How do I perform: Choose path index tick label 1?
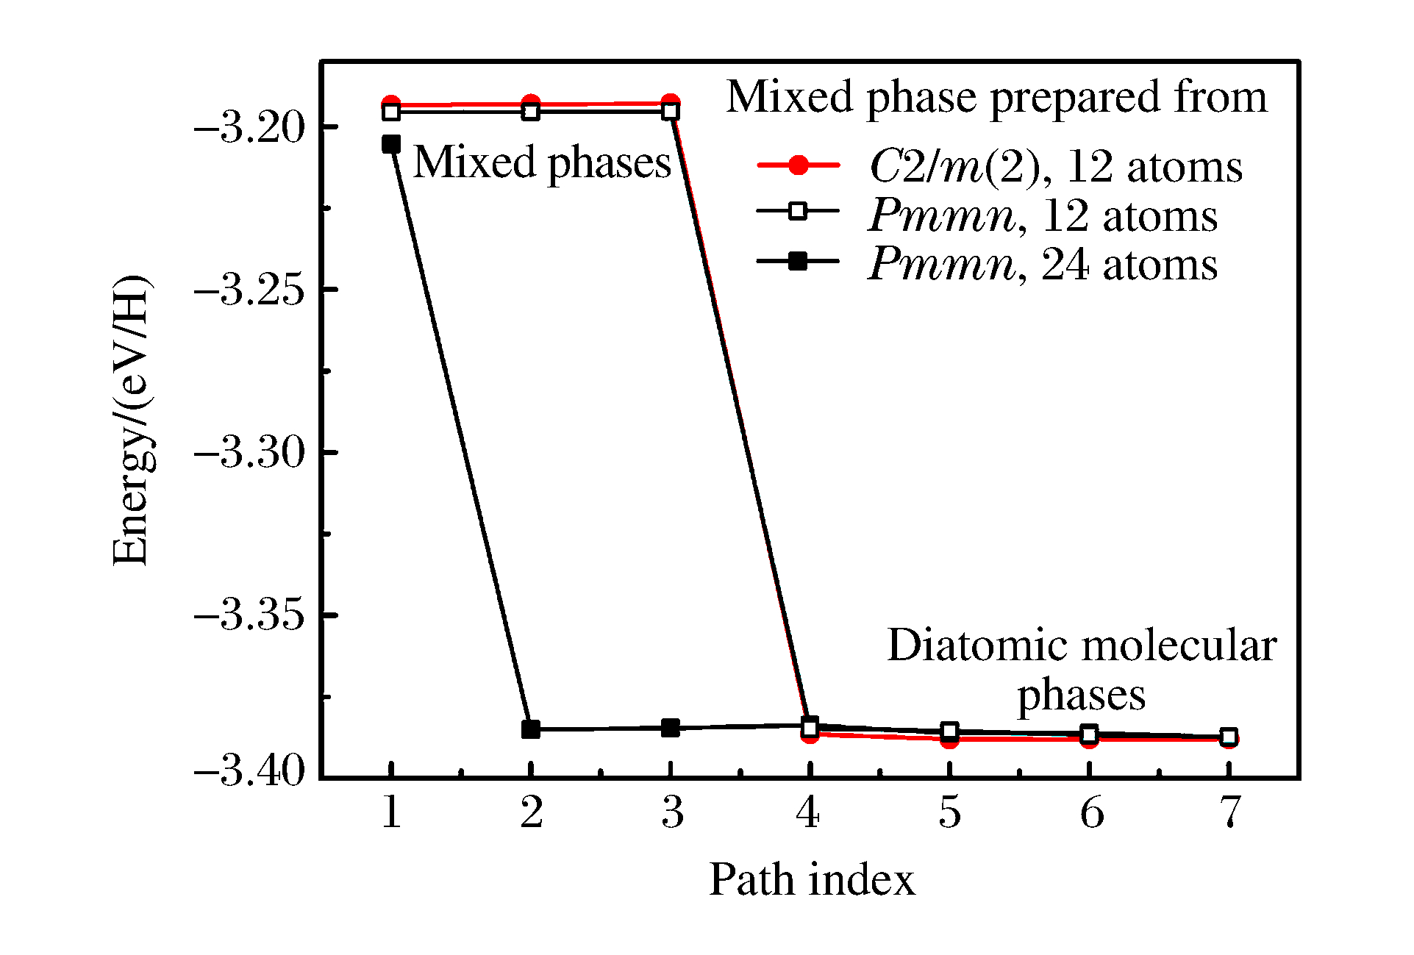click(391, 813)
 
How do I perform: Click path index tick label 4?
click(808, 813)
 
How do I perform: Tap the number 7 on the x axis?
click(1229, 813)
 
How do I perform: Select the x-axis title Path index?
click(812, 879)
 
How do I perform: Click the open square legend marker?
click(798, 212)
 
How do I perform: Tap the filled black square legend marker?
click(798, 261)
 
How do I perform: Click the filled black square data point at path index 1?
click(391, 144)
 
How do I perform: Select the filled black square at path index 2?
click(531, 729)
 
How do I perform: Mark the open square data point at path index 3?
click(670, 112)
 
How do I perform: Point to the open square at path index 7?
click(1229, 737)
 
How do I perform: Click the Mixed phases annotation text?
click(542, 162)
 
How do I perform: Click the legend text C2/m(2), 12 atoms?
click(1055, 167)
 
